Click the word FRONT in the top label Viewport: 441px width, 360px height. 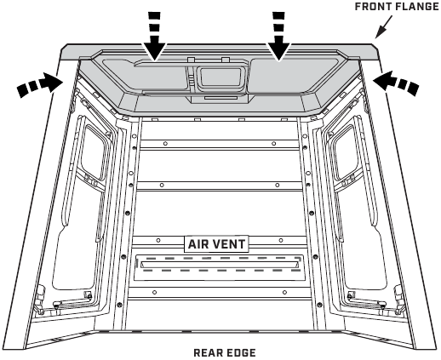pos(372,6)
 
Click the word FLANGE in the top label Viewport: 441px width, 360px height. pos(415,6)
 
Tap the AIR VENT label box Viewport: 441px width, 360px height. pos(216,244)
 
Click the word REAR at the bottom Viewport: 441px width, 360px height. pos(207,353)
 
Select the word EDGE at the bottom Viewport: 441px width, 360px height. pos(240,353)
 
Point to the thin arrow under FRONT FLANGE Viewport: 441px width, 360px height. pos(384,27)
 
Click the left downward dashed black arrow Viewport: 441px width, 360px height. pos(154,37)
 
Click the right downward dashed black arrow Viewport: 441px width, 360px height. pos(278,37)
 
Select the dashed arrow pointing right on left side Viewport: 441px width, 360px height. pos(40,84)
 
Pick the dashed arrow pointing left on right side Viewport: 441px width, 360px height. pos(396,83)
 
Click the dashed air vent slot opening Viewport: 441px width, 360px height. pos(219,265)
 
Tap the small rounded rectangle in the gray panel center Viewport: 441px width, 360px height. pos(220,77)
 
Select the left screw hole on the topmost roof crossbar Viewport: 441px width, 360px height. pos(165,144)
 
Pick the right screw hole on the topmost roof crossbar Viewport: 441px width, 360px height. pos(273,144)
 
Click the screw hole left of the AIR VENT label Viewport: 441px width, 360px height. pos(158,240)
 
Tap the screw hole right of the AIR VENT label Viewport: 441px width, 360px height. pos(281,240)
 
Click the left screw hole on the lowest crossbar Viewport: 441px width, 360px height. pos(154,292)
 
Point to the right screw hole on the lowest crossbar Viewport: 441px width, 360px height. pos(284,292)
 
